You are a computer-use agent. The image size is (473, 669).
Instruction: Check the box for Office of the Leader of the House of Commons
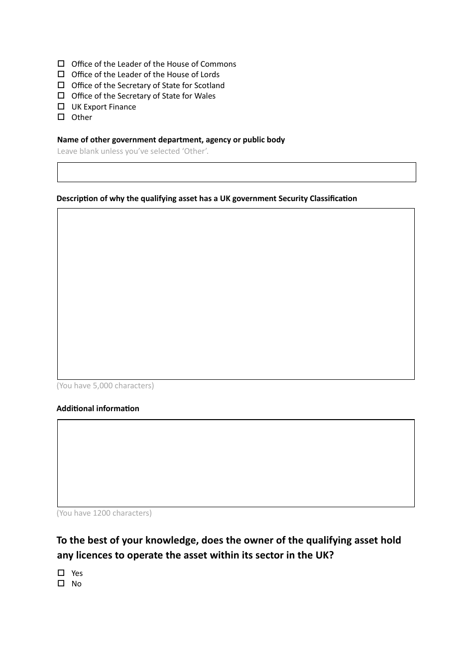click(61, 64)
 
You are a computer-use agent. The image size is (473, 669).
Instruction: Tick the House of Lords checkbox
click(61, 74)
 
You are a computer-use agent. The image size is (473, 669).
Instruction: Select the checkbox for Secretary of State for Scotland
click(61, 85)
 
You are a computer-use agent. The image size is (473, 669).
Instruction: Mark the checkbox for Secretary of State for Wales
click(61, 96)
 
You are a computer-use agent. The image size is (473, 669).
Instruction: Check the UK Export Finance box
click(61, 107)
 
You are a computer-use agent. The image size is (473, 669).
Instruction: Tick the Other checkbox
click(61, 117)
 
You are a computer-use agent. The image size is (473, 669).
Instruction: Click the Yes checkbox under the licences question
click(61, 573)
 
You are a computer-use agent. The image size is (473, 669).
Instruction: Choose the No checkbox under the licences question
click(61, 583)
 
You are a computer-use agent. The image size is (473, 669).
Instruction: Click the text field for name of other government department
click(236, 172)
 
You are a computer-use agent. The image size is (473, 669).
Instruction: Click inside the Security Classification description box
click(236, 294)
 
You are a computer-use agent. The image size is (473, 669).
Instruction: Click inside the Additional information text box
click(236, 463)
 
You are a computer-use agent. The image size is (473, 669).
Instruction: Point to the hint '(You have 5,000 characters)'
click(105, 386)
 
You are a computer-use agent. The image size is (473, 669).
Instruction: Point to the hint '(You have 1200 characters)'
click(104, 513)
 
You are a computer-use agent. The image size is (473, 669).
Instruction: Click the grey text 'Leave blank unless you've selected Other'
click(132, 151)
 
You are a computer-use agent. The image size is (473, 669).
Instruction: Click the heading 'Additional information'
click(98, 409)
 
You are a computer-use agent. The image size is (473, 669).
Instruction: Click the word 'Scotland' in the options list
click(209, 86)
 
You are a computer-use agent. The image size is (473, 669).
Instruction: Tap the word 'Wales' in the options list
click(205, 96)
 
